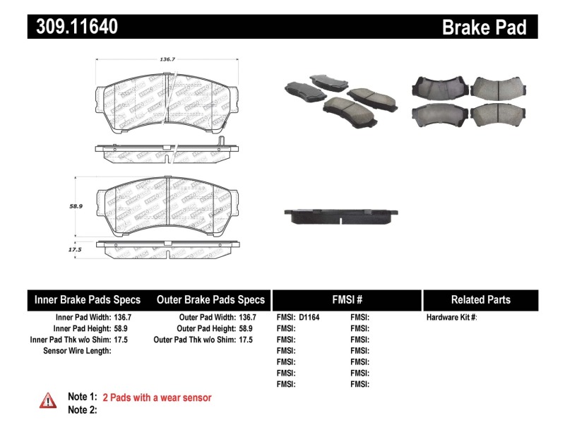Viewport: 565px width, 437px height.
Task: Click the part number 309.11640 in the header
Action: [x=73, y=27]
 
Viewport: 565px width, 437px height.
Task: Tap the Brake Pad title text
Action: [x=484, y=28]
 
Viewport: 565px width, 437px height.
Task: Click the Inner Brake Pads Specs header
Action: [x=88, y=299]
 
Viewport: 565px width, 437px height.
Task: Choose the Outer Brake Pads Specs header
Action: [x=210, y=299]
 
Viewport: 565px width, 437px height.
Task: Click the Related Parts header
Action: [x=481, y=299]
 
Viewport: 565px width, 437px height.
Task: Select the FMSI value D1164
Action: [x=309, y=318]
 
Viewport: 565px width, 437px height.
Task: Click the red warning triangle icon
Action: [x=47, y=400]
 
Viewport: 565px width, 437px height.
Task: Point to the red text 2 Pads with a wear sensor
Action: [x=157, y=397]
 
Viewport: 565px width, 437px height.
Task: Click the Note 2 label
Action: [x=82, y=409]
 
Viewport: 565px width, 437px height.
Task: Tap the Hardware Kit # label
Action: [x=451, y=318]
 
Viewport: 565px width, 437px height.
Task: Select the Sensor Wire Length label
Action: [x=77, y=351]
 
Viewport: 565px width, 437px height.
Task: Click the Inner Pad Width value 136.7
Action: [x=123, y=318]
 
